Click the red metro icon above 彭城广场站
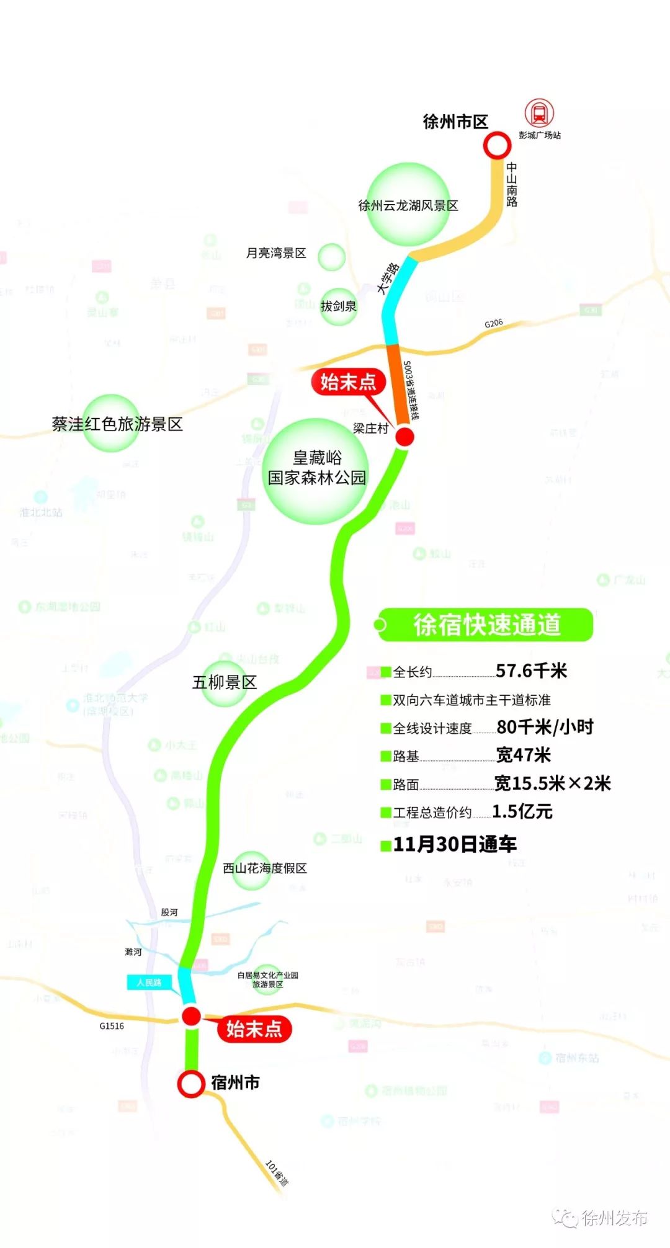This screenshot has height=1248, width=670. tap(539, 114)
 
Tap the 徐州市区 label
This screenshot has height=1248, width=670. tap(455, 122)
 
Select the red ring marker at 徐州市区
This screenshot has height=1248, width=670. tap(497, 146)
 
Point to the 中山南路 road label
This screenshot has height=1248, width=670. tap(512, 184)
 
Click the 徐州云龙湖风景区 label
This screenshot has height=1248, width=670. tap(408, 205)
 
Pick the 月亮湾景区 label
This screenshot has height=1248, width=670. tap(276, 253)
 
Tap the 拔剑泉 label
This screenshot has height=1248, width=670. tap(338, 306)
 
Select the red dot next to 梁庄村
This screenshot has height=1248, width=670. tap(404, 437)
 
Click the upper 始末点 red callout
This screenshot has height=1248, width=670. tap(348, 382)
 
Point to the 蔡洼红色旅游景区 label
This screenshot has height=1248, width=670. tap(117, 424)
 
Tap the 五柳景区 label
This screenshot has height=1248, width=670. tap(224, 682)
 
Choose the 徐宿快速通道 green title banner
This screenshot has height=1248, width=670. tap(486, 625)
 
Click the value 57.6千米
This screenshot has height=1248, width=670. tap(531, 671)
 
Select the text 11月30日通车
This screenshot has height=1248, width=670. tap(455, 844)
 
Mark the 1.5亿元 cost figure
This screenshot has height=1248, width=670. tap(522, 811)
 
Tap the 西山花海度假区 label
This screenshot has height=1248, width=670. tap(265, 868)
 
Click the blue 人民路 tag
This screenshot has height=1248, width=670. tap(150, 983)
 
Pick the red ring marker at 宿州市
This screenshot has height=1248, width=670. tap(191, 1084)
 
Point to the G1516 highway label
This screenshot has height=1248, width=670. tap(112, 1026)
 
